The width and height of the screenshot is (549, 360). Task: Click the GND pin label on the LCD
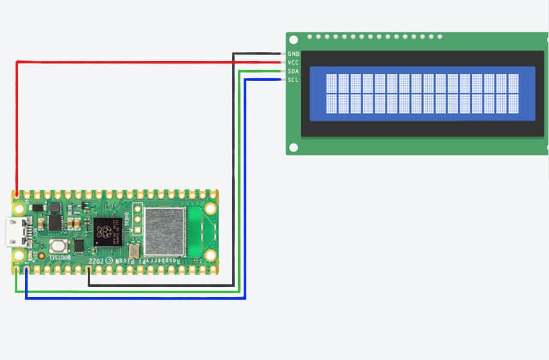[x=293, y=54]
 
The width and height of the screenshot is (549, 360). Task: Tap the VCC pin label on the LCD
[x=293, y=62]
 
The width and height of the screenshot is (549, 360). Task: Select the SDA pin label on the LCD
[x=293, y=71]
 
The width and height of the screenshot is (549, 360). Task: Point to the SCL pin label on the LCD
[x=293, y=80]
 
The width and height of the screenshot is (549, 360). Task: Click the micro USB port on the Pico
[x=12, y=232]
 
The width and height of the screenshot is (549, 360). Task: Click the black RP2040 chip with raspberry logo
[x=106, y=231]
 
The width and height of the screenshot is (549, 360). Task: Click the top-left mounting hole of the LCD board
[x=294, y=41]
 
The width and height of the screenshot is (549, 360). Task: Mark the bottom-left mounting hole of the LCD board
[x=294, y=148]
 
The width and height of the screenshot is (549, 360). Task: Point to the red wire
[x=128, y=62]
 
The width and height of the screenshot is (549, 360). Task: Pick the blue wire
[x=135, y=298]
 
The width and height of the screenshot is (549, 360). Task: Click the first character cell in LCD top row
[x=332, y=83]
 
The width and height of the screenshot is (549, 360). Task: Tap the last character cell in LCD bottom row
[x=513, y=103]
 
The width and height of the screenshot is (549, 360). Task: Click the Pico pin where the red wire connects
[x=17, y=194]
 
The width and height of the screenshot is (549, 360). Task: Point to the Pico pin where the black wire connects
[x=89, y=270]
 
